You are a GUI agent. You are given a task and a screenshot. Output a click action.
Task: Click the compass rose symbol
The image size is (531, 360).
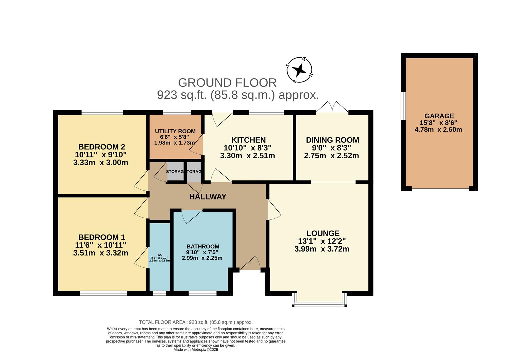point(299,70)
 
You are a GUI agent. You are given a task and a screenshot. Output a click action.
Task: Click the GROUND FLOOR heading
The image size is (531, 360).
point(227,83)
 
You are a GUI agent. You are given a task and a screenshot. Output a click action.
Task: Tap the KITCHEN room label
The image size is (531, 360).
point(248,140)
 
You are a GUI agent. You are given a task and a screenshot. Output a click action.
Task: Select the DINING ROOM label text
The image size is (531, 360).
point(332,140)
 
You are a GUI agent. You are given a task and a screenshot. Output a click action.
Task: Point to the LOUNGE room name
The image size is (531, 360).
point(323,233)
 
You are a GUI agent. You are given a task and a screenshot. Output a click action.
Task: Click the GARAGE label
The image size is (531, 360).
point(439,116)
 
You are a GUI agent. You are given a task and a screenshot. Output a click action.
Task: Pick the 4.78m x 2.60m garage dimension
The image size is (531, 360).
point(438,130)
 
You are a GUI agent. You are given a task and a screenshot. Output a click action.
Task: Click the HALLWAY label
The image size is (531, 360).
point(208,197)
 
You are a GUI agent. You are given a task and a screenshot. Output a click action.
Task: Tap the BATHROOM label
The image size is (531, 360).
point(203,247)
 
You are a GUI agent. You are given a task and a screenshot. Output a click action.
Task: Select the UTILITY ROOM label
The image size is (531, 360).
point(175,131)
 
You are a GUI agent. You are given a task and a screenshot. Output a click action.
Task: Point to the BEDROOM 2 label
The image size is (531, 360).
point(101,147)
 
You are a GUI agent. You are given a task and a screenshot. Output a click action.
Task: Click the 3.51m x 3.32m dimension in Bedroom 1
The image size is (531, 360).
point(100,253)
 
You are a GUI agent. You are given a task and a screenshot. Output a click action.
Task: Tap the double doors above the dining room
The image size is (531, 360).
point(332,107)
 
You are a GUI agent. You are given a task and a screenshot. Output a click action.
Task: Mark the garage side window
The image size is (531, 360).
point(403,105)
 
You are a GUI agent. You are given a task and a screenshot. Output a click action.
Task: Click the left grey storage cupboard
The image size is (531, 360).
point(175,171)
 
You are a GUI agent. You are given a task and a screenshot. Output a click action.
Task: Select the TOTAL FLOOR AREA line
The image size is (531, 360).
point(196,322)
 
